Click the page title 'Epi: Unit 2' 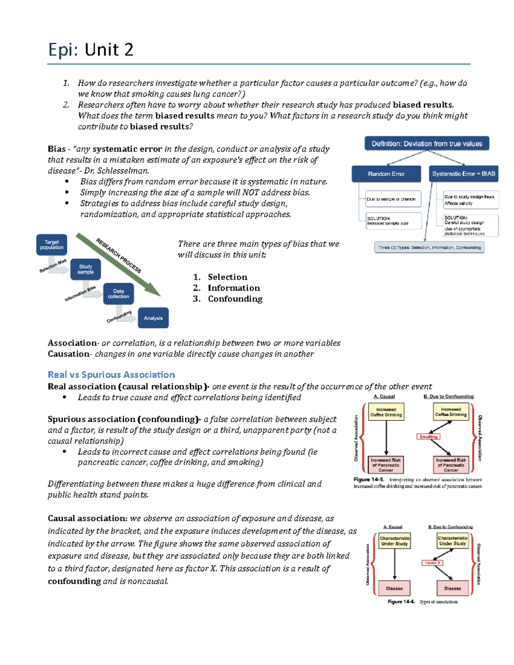pyautogui.click(x=91, y=50)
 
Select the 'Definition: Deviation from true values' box pyautogui.click(x=427, y=144)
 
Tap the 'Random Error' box pyautogui.click(x=386, y=174)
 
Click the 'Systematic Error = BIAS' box pyautogui.click(x=463, y=174)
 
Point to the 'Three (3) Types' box pyautogui.click(x=429, y=248)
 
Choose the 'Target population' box pyautogui.click(x=51, y=245)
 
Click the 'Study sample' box pyautogui.click(x=85, y=269)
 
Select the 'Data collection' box pyautogui.click(x=118, y=294)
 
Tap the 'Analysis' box pyautogui.click(x=153, y=318)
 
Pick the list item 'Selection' pyautogui.click(x=227, y=277)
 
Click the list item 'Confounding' pyautogui.click(x=235, y=299)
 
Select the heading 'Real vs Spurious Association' pyautogui.click(x=111, y=375)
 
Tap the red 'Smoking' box pyautogui.click(x=428, y=437)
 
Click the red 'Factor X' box pyautogui.click(x=432, y=563)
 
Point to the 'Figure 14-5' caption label pyautogui.click(x=368, y=480)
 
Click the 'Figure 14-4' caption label pyautogui.click(x=401, y=602)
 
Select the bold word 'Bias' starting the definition pyautogui.click(x=57, y=149)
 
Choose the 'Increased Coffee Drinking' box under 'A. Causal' pyautogui.click(x=386, y=412)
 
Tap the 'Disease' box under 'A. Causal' pyautogui.click(x=394, y=588)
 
